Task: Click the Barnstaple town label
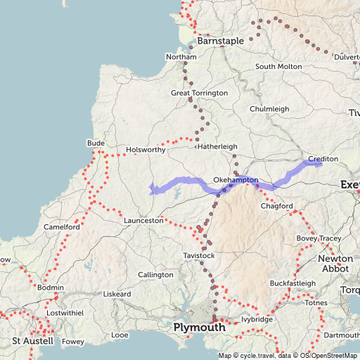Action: coord(220,41)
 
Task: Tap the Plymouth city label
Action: coord(200,328)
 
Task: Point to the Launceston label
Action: coord(143,221)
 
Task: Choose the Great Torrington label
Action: coord(199,93)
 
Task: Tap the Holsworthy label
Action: coord(145,150)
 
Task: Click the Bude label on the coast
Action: coord(96,143)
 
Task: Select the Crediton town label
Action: coord(323,159)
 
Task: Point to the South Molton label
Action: coord(278,66)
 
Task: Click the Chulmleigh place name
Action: coord(269,109)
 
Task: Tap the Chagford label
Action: coord(276,206)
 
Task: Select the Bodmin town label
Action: coord(50,288)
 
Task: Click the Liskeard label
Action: coord(118,293)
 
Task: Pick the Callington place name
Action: coord(155,274)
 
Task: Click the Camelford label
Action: coord(62,227)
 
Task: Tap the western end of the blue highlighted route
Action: coord(151,188)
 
